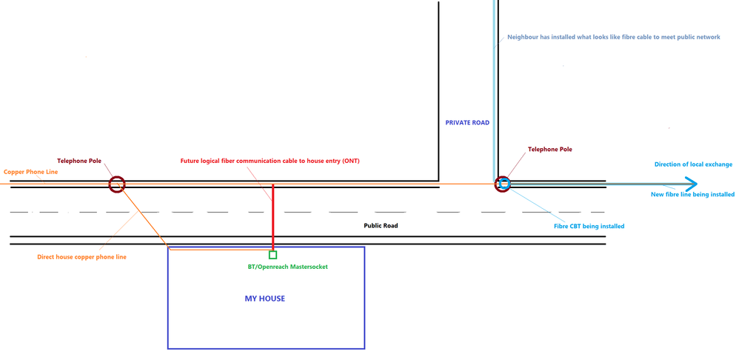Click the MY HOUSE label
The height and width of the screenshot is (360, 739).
click(264, 299)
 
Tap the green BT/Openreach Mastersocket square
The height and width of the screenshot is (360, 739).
click(272, 255)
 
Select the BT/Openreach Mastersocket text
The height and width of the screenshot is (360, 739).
click(287, 267)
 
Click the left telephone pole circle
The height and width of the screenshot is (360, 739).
click(117, 184)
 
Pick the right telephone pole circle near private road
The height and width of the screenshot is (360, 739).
click(504, 184)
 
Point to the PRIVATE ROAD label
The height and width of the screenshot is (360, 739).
click(467, 122)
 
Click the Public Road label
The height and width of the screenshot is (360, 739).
click(381, 225)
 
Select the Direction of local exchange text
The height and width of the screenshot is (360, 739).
click(693, 164)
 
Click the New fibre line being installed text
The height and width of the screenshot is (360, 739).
click(692, 194)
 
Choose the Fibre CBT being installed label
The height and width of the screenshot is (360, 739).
click(589, 226)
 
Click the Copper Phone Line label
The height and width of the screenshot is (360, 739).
click(30, 172)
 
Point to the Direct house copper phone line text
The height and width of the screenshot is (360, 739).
click(81, 257)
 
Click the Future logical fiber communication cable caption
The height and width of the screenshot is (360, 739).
click(270, 161)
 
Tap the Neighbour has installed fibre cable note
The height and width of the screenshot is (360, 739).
click(613, 36)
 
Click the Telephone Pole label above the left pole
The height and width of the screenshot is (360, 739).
click(79, 160)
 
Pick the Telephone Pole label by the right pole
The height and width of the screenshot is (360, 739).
click(549, 149)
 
